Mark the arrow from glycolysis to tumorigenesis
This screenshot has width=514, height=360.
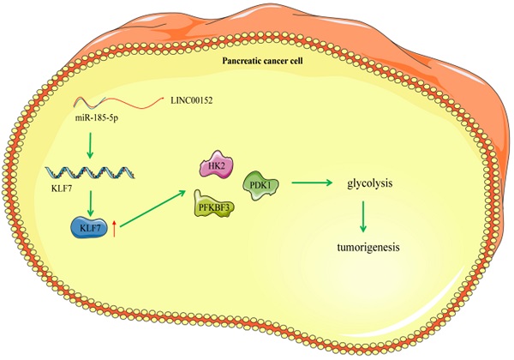[x=364, y=217]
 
